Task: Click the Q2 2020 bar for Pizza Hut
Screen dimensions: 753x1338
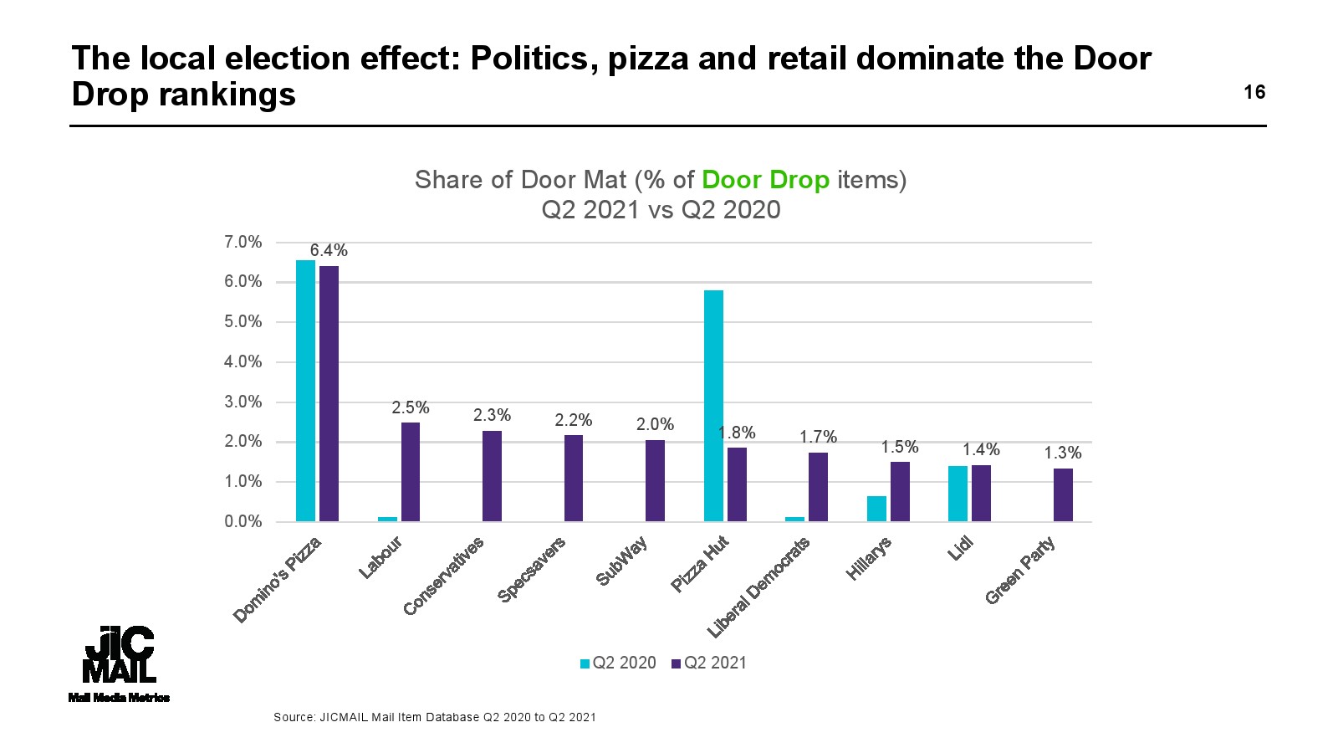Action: click(713, 406)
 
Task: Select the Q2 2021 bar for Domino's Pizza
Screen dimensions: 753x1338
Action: click(329, 393)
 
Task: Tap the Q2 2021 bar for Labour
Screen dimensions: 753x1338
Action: click(411, 472)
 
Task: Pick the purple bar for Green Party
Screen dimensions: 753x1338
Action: click(1063, 495)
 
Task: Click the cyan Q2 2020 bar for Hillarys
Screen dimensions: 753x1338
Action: click(876, 509)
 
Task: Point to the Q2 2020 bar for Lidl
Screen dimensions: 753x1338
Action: click(958, 494)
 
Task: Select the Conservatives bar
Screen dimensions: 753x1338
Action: click(492, 476)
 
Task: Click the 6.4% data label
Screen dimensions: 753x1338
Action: click(329, 250)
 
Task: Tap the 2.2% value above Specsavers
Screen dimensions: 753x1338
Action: click(574, 420)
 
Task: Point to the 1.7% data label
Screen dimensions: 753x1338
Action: click(818, 437)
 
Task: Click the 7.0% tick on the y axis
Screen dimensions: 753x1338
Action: click(243, 243)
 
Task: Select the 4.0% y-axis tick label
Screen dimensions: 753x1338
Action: click(243, 362)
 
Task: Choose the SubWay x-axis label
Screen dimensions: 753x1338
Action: click(621, 562)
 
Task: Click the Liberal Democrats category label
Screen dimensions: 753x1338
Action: click(758, 587)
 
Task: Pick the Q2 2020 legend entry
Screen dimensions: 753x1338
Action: click(618, 663)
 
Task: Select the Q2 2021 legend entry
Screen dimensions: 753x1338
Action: click(709, 663)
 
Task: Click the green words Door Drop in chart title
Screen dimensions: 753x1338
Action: click(765, 180)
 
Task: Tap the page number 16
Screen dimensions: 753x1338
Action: click(1254, 92)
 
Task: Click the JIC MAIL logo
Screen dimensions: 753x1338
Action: click(120, 661)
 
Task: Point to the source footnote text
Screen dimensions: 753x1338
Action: click(435, 717)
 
